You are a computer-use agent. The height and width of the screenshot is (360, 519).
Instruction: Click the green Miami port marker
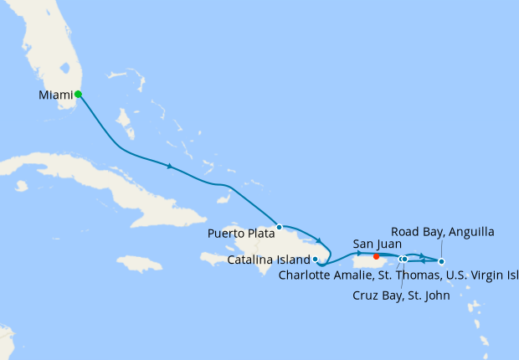[x=78, y=94]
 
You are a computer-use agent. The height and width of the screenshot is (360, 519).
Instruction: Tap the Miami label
[x=55, y=95]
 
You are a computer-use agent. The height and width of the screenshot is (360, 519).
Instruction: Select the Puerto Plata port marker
[x=280, y=227]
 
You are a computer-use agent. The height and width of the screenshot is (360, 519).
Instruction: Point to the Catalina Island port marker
[x=315, y=260]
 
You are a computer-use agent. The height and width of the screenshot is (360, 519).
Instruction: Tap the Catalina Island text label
[x=269, y=260]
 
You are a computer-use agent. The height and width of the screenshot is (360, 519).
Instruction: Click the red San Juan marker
[x=377, y=257]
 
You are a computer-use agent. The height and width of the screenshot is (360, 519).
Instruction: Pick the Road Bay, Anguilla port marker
[x=441, y=261]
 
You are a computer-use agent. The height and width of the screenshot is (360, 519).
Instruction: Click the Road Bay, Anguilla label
[x=442, y=231]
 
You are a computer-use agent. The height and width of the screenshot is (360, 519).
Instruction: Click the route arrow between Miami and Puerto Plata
[x=170, y=167]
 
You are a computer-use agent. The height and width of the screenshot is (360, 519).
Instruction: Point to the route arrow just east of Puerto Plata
[x=319, y=241]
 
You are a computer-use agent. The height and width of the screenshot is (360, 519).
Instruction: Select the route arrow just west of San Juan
[x=358, y=253]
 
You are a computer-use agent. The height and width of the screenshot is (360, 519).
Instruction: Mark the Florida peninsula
[x=50, y=50]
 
